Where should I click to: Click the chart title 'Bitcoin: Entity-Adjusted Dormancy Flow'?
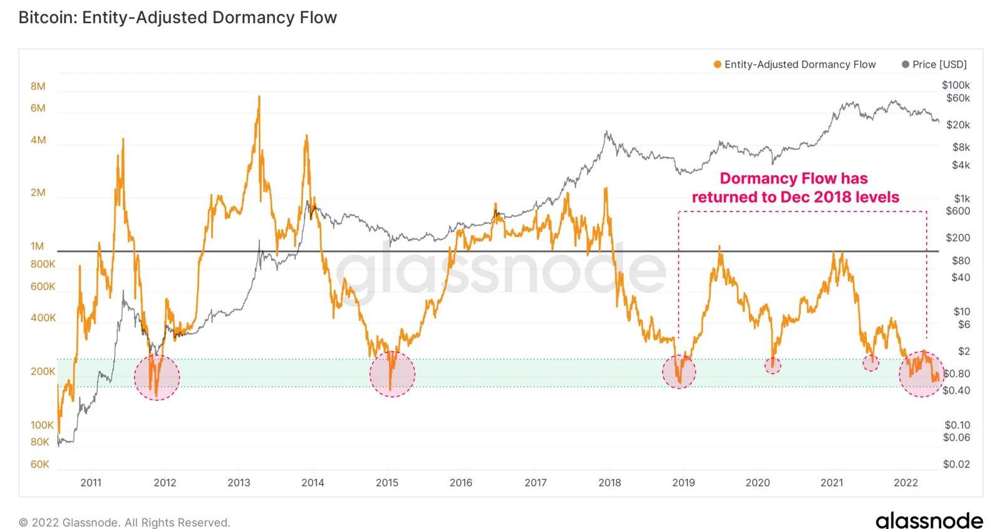(x=178, y=17)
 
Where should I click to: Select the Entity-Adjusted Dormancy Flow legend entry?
(x=795, y=64)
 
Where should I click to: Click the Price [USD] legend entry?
(x=934, y=64)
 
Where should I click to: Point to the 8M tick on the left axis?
(x=38, y=86)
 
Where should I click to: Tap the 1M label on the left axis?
(x=38, y=246)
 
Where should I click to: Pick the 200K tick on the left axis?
(x=43, y=371)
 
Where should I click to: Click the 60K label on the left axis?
(x=39, y=464)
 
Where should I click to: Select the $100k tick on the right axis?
(x=956, y=85)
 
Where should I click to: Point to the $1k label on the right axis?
(x=961, y=198)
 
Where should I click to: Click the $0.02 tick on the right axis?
(x=956, y=464)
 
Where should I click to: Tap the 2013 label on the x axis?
(x=239, y=483)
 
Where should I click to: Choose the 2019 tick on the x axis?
(x=683, y=483)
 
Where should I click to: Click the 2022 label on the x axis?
(x=906, y=483)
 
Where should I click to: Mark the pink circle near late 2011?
(x=157, y=377)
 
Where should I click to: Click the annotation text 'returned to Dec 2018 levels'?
(x=795, y=197)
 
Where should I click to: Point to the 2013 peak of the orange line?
(x=259, y=97)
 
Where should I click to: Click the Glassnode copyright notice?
(x=125, y=522)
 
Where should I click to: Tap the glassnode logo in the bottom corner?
(x=929, y=520)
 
